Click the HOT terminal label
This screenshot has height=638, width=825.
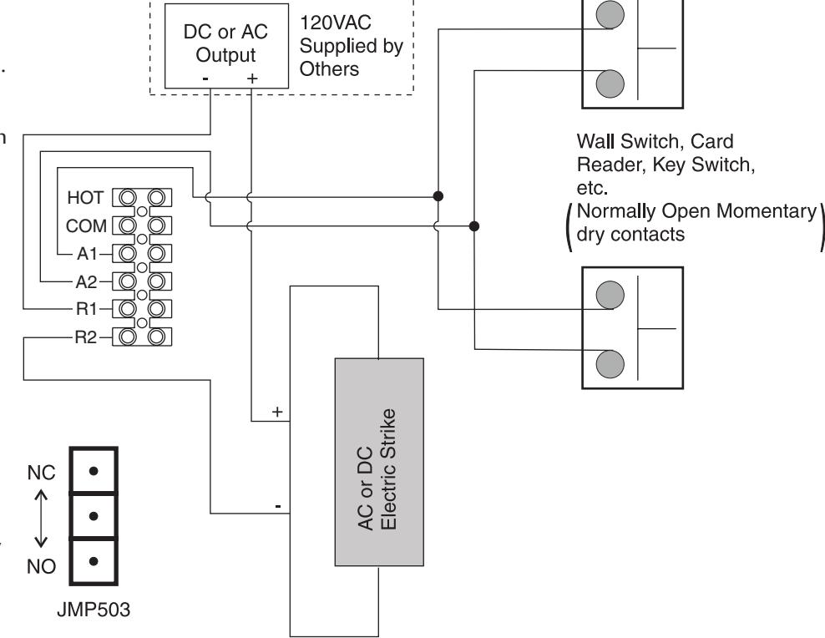(85, 198)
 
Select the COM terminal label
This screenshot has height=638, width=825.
(86, 226)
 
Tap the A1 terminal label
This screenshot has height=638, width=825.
(88, 254)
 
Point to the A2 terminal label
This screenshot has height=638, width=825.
(86, 282)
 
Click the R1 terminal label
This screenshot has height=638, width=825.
(87, 309)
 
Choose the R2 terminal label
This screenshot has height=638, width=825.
(86, 337)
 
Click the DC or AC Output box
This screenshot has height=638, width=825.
(227, 46)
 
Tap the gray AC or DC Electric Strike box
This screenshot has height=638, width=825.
(379, 462)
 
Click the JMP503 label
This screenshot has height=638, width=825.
(94, 610)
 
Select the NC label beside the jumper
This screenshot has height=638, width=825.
(41, 473)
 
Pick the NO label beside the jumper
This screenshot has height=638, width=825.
(41, 566)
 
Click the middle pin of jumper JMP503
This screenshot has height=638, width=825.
(94, 516)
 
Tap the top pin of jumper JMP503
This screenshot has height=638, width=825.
(94, 471)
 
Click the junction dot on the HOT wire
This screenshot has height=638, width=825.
(438, 196)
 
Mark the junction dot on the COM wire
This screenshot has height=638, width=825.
(474, 226)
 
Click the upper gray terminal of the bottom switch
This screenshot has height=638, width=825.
(610, 295)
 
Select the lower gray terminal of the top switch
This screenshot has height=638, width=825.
(610, 84)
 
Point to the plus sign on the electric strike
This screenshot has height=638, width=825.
(277, 412)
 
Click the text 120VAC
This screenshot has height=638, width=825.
(336, 23)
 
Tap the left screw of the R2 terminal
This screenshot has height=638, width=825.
(127, 337)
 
